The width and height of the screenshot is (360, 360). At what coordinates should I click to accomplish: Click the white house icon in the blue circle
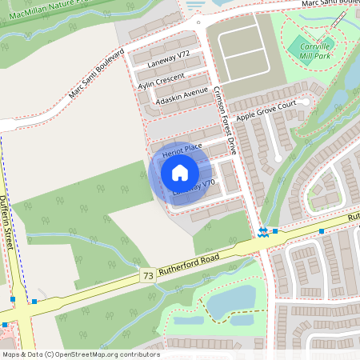180,172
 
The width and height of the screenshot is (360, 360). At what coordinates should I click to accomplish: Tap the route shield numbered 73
147,275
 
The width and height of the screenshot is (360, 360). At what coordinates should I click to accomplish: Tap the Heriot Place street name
182,149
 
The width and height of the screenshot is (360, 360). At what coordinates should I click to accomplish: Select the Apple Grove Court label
271,109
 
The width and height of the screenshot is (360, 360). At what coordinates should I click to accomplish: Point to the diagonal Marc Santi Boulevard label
97,73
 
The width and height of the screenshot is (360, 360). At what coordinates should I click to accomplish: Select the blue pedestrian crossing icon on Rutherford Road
263,232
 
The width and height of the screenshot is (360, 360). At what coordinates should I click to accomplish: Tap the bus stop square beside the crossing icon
275,231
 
